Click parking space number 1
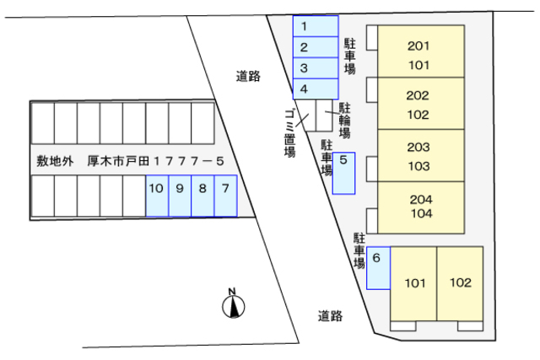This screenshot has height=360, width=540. click(x=316, y=26)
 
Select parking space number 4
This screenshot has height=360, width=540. click(x=316, y=89)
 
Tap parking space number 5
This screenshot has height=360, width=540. click(x=343, y=173)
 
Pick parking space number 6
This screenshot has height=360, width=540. click(x=379, y=268)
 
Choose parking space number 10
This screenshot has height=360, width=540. click(x=157, y=196)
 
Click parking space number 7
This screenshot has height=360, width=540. click(x=225, y=196)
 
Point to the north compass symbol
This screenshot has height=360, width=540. click(x=233, y=304)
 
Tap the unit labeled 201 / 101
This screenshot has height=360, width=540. click(x=421, y=51)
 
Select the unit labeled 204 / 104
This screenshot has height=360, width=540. click(x=421, y=207)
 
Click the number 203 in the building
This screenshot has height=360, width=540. click(x=418, y=148)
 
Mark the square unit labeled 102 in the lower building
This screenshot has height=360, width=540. click(x=460, y=284)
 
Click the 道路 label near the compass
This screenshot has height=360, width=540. click(x=330, y=316)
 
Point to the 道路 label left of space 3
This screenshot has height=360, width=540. click(x=248, y=77)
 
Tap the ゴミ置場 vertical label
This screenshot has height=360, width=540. click(x=289, y=133)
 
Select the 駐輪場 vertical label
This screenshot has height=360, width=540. click(x=345, y=121)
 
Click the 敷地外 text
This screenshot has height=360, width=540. click(x=55, y=161)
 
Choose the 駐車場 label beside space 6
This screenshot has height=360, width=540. click(x=359, y=251)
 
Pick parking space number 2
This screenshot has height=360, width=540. click(x=316, y=47)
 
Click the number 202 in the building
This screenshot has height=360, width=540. click(x=418, y=95)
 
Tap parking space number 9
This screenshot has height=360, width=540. click(x=180, y=196)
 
